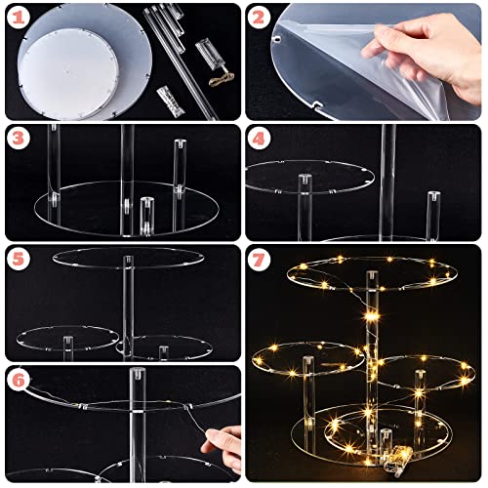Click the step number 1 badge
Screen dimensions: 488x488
coord(19,18)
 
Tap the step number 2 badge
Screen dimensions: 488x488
coord(259,18)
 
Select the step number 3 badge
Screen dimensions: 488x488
coord(19,138)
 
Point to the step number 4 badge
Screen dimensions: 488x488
coord(259,139)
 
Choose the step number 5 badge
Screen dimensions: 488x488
coord(19,259)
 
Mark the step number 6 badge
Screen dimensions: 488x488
coord(19,380)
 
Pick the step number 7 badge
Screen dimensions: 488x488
coord(259,260)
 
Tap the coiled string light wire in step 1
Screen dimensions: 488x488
coord(222,78)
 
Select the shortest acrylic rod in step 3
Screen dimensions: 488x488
coord(147,216)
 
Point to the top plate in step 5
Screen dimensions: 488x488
coord(129,258)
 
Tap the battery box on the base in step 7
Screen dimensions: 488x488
coord(397,459)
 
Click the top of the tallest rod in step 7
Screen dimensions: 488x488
coord(373,275)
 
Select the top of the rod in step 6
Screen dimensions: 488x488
coord(138,373)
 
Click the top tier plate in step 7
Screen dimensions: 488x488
coord(372,273)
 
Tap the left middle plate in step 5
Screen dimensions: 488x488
coord(67,338)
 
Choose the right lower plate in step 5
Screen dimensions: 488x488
coord(165,348)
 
